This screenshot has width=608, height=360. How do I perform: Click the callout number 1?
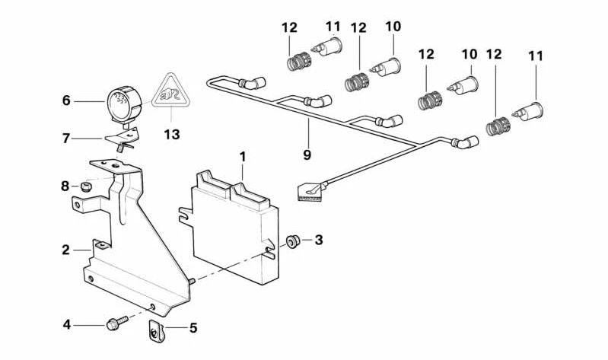coord(242,157)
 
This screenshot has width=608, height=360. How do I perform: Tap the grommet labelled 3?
coord(292,242)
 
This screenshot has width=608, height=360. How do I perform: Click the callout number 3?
coord(318,241)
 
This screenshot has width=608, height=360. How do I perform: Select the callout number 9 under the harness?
coord(307,155)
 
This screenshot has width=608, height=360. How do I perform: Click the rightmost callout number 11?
coord(536,55)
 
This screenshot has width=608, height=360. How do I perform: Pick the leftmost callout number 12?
coord(288,27)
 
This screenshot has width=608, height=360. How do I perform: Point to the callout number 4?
coord(67,324)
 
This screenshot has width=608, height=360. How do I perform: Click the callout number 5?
coord(193,328)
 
